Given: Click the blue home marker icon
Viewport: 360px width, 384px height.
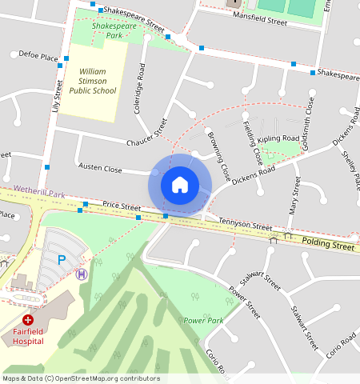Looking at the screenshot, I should pos(180,185).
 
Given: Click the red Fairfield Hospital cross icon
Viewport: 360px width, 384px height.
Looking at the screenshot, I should pos(27,319).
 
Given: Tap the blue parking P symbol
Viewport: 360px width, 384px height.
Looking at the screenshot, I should pos(62,259).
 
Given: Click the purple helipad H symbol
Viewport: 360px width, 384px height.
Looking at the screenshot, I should pos(82,274).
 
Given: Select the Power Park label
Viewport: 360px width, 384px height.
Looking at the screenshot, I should pos(203,320).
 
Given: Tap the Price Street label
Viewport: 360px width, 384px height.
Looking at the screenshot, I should pos(121,206).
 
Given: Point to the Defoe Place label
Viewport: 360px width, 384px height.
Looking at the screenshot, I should pos(38,58).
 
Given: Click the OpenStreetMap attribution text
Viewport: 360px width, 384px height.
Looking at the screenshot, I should pos(80,378).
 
